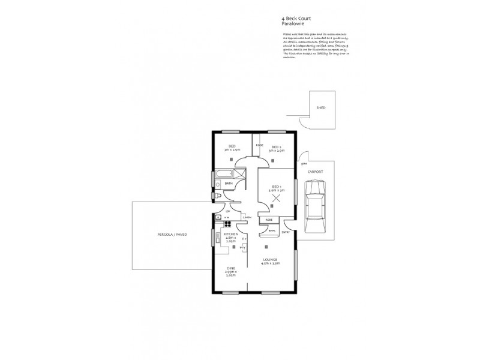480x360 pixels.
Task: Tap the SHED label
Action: [x=321, y=108]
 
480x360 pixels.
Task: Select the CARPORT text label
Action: [x=316, y=172]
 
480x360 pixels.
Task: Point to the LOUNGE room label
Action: [x=269, y=260]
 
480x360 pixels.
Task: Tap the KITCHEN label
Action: [x=232, y=233]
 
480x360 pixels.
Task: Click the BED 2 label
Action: [x=276, y=147]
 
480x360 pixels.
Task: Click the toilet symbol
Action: [x=218, y=197]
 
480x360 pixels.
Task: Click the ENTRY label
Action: [x=286, y=232]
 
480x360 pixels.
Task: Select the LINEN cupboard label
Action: [x=247, y=218]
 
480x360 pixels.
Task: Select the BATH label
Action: [x=228, y=184]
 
